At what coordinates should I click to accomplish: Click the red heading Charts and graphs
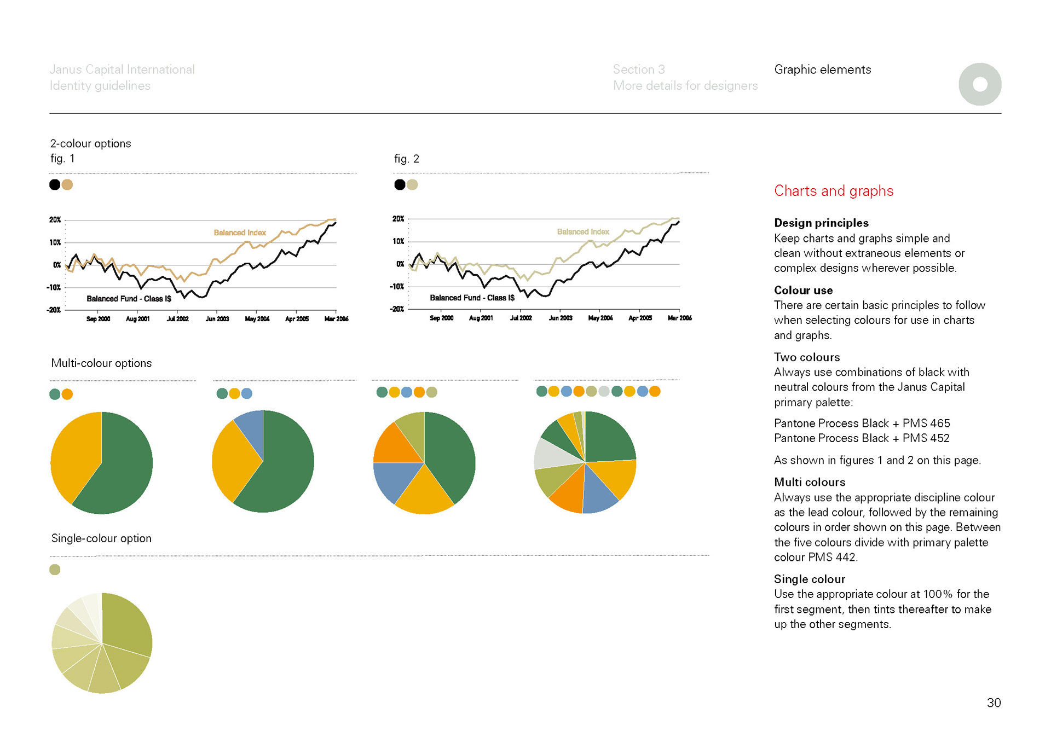(833, 191)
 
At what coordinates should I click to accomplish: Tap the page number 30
(994, 703)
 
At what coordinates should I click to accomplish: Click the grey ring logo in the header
(980, 84)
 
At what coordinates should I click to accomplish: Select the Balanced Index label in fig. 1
(240, 233)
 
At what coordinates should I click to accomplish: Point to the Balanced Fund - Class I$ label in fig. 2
(472, 298)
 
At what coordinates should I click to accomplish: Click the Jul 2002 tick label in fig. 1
(177, 319)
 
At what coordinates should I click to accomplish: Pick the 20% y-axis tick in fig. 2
(398, 219)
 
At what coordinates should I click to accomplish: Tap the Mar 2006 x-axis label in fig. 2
(679, 318)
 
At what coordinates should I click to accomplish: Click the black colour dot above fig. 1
(55, 184)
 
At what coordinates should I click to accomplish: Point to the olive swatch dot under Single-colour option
(55, 570)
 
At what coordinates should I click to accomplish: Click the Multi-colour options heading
(101, 363)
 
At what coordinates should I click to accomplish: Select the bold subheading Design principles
(821, 223)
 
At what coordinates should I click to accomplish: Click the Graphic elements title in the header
(822, 69)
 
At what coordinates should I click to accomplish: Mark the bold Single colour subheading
(809, 579)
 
